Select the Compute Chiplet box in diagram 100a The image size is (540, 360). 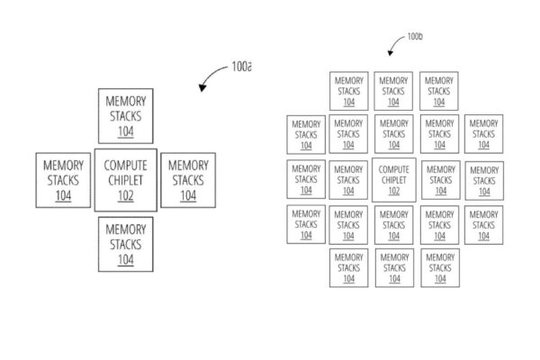pos(125,179)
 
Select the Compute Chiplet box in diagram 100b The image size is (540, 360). pos(393,179)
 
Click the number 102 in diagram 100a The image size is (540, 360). pos(125,195)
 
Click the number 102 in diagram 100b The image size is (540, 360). pos(393,191)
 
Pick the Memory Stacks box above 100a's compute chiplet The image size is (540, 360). pos(125,115)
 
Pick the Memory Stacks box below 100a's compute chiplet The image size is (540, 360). pos(125,244)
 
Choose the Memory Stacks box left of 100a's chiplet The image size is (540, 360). pos(64,179)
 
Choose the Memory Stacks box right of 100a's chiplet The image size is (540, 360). pos(188,179)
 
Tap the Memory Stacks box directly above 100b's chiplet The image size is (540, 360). pos(393,133)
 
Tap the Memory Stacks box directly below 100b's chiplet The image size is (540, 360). pos(393,224)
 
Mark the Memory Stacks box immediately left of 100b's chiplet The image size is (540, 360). pos(349,179)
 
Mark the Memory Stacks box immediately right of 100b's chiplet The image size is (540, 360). pos(439,179)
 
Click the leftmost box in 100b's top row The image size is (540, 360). pos(349,91)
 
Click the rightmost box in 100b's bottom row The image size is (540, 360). pos(439,267)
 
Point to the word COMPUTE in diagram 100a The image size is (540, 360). pos(125,166)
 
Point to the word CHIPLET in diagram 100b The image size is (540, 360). pos(393,180)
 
